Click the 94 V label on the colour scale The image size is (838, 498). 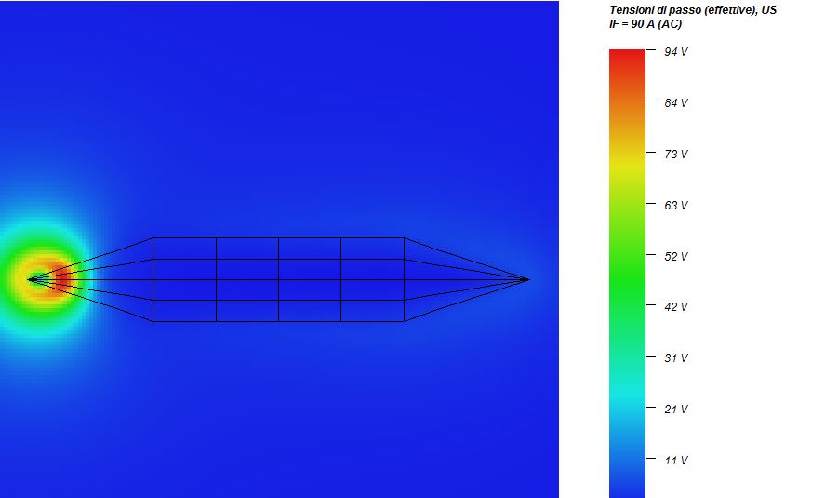pos(675,52)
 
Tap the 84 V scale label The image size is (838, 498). pos(675,102)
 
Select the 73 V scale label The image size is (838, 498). pos(675,154)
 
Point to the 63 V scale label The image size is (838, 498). pos(675,206)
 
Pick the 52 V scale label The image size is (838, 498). pos(675,256)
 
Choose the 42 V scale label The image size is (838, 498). pos(675,306)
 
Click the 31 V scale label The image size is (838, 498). pos(675,357)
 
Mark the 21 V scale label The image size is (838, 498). pos(675,410)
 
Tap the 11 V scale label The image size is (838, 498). pos(675,460)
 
